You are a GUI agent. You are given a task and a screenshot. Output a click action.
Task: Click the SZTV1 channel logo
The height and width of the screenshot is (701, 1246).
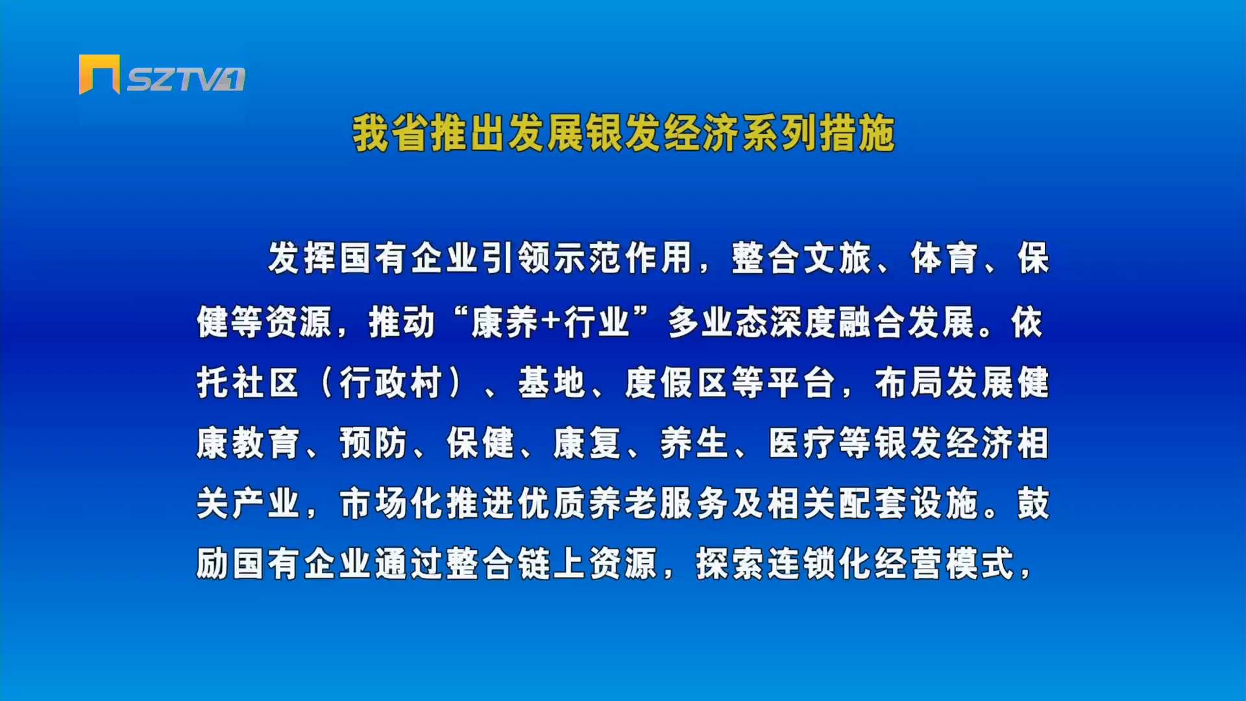(x=162, y=75)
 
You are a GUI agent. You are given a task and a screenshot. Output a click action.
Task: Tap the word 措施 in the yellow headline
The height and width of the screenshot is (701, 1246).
(x=857, y=134)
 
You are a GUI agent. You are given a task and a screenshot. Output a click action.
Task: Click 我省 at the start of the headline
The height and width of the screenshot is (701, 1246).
(x=390, y=134)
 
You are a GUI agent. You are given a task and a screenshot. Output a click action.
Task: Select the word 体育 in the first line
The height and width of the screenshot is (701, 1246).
(x=944, y=258)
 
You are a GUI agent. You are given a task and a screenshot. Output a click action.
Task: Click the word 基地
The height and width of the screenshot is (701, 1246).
(x=552, y=382)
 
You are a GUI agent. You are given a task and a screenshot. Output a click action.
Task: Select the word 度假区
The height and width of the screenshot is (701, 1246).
(x=676, y=382)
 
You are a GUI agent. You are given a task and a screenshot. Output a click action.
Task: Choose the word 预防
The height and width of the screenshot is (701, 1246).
(x=373, y=443)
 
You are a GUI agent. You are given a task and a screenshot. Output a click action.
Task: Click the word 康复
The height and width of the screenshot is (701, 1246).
(x=587, y=443)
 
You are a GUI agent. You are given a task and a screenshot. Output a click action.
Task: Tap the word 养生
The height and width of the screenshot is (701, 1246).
(x=694, y=443)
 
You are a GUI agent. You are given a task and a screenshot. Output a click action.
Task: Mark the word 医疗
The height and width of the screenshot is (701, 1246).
(x=801, y=443)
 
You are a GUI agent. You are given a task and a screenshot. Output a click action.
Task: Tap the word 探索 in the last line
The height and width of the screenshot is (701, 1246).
(x=730, y=563)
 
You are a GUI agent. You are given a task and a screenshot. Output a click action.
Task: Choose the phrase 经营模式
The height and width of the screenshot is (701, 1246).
(x=944, y=563)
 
